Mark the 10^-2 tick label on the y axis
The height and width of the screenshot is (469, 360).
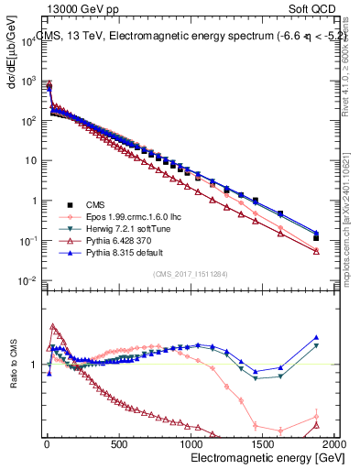(x=28, y=281)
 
